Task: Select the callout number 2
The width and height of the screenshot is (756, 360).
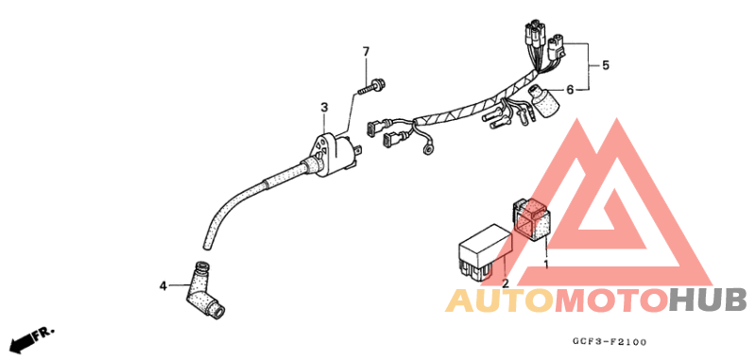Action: tap(505, 283)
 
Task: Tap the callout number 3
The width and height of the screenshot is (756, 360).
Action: tap(323, 108)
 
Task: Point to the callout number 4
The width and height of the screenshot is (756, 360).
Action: tap(162, 283)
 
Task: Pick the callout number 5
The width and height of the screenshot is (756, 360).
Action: tap(606, 65)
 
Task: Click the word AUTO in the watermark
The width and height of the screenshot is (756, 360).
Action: tap(498, 301)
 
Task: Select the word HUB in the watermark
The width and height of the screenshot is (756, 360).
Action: tap(706, 301)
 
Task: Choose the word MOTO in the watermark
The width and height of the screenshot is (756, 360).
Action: tap(610, 301)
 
